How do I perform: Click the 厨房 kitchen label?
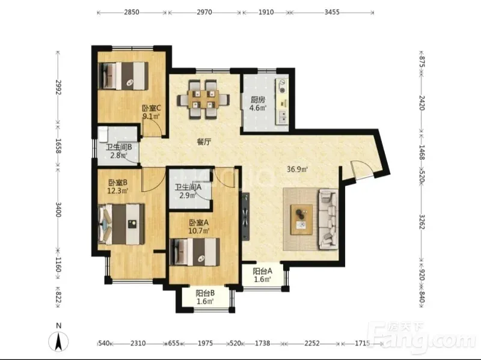tap(258, 100)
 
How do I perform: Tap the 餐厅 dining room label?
tap(204, 142)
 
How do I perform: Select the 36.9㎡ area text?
tap(297, 169)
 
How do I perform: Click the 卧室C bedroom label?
tap(152, 108)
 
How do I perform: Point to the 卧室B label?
tap(118, 183)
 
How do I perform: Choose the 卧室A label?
tap(199, 222)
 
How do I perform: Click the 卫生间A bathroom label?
tap(188, 187)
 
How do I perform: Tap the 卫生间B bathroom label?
tap(118, 147)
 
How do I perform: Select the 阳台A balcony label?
tap(262, 271)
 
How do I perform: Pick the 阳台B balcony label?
tap(205, 293)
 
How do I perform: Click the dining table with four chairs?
tap(203, 99)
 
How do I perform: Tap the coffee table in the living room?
tap(302, 219)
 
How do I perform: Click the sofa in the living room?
tap(328, 219)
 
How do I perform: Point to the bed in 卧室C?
tap(123, 76)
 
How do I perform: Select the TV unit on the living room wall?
tap(246, 216)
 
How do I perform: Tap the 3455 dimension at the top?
tap(332, 12)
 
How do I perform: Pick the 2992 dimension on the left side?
tap(58, 87)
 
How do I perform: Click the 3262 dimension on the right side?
tap(421, 222)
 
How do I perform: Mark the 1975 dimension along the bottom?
tap(205, 343)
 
